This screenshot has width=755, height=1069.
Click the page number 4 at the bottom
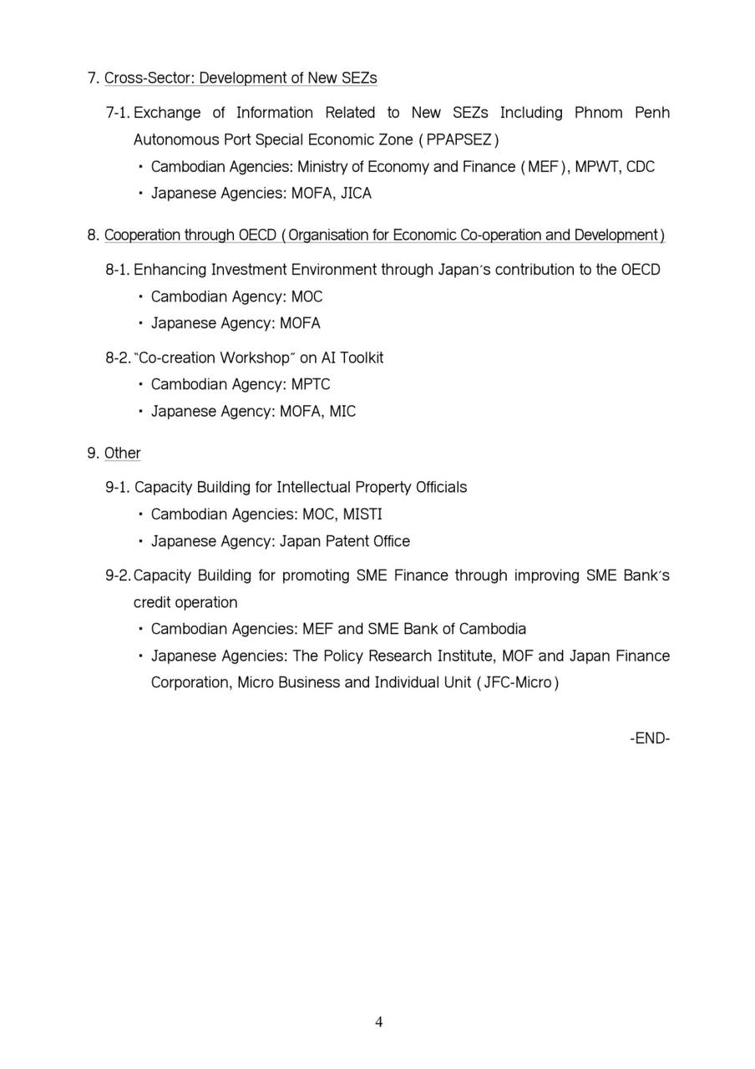pyautogui.click(x=379, y=1022)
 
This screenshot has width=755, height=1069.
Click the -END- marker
pyautogui.click(x=650, y=738)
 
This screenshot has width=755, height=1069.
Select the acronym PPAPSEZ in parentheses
pyautogui.click(x=459, y=139)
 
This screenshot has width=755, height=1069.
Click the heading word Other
pyautogui.click(x=122, y=453)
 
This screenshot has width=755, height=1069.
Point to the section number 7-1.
pyautogui.click(x=118, y=113)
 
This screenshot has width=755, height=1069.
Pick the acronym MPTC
pyautogui.click(x=311, y=384)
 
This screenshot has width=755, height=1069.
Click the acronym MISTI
pyautogui.click(x=362, y=514)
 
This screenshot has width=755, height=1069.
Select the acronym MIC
pyautogui.click(x=342, y=412)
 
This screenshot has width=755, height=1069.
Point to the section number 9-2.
pyautogui.click(x=118, y=575)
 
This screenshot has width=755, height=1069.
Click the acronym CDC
pyautogui.click(x=640, y=167)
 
